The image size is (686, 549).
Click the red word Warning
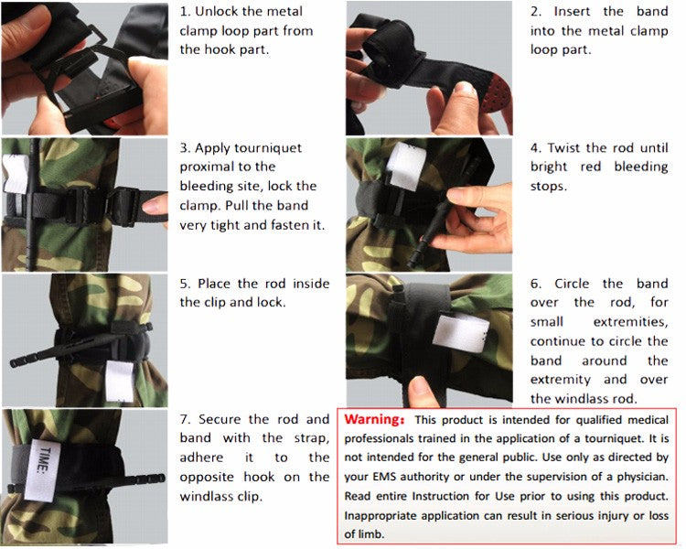(x=374, y=419)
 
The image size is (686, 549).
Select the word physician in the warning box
(x=636, y=477)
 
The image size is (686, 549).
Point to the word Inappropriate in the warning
(x=387, y=515)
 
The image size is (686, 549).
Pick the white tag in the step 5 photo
(x=119, y=382)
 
